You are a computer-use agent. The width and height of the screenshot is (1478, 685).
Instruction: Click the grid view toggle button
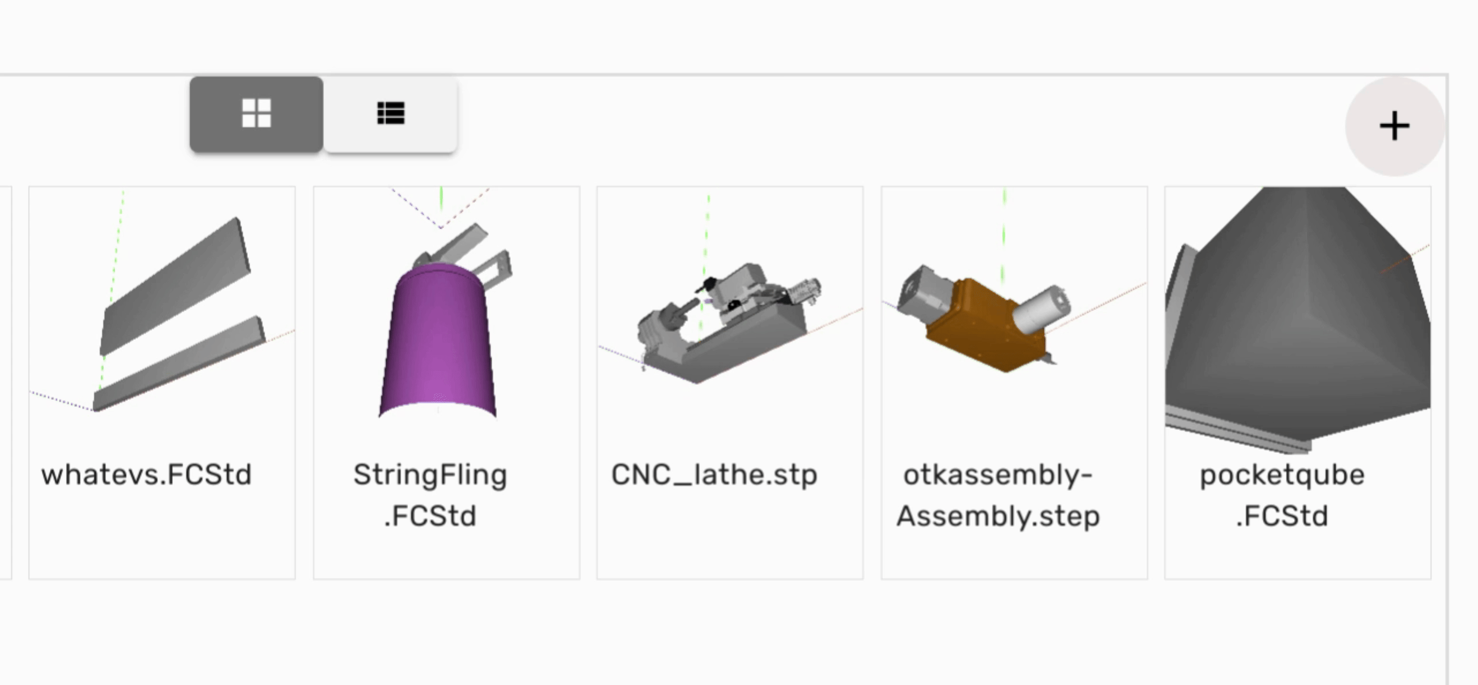click(256, 114)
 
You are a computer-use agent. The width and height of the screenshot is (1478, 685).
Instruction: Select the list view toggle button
click(390, 114)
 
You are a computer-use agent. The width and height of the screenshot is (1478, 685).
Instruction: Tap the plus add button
click(1394, 126)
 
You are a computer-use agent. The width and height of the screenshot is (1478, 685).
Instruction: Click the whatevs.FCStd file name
click(146, 475)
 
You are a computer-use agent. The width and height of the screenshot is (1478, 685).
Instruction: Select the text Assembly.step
click(998, 516)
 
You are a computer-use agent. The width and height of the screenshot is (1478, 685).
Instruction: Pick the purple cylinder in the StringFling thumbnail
click(438, 342)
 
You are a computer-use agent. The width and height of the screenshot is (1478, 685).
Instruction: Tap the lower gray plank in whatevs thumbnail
click(179, 363)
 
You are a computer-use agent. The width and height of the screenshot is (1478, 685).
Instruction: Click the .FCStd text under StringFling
click(430, 516)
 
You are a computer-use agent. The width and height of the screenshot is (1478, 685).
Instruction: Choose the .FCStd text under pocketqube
click(1283, 516)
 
